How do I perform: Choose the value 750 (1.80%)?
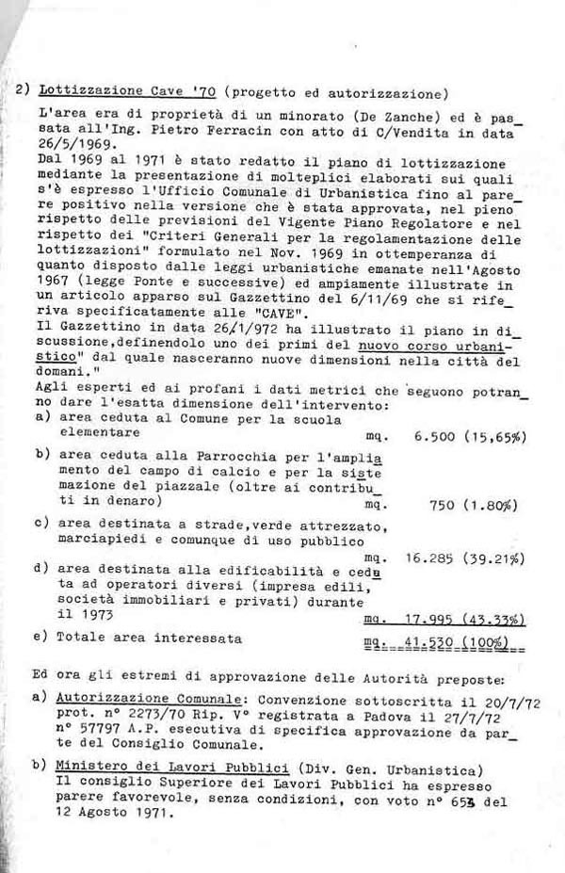coord(476,504)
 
